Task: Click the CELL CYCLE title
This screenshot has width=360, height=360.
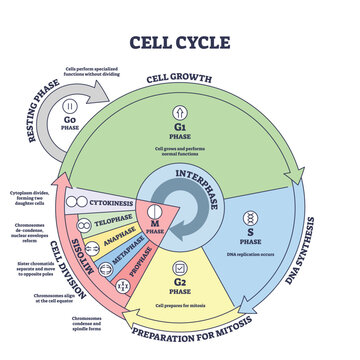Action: [x=179, y=41]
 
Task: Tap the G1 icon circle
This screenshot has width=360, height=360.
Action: [x=179, y=134]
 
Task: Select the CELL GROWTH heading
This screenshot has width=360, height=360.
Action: [x=179, y=79]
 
